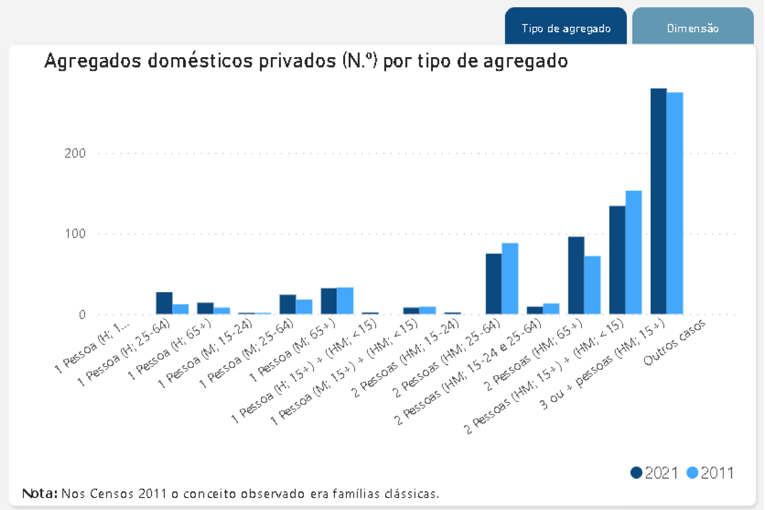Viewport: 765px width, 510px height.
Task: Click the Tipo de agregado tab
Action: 566,27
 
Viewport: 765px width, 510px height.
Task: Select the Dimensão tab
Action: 693,27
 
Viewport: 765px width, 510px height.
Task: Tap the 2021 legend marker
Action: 636,473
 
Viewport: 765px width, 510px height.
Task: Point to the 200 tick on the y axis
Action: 75,153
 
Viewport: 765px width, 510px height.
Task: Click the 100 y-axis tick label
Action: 75,234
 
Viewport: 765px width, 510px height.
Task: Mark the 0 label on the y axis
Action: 82,314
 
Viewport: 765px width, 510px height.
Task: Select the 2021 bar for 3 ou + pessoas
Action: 658,201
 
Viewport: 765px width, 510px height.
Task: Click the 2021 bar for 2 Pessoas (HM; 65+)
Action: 576,275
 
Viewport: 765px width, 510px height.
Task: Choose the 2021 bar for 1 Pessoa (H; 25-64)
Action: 164,303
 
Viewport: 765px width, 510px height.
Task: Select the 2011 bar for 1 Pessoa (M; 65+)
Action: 345,301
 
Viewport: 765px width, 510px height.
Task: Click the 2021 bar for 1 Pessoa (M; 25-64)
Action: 287,304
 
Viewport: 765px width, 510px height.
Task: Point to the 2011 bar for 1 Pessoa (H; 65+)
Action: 222,311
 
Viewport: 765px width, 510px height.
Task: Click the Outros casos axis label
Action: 674,343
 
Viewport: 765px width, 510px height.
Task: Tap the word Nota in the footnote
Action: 39,493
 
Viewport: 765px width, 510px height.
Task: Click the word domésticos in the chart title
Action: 201,61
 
